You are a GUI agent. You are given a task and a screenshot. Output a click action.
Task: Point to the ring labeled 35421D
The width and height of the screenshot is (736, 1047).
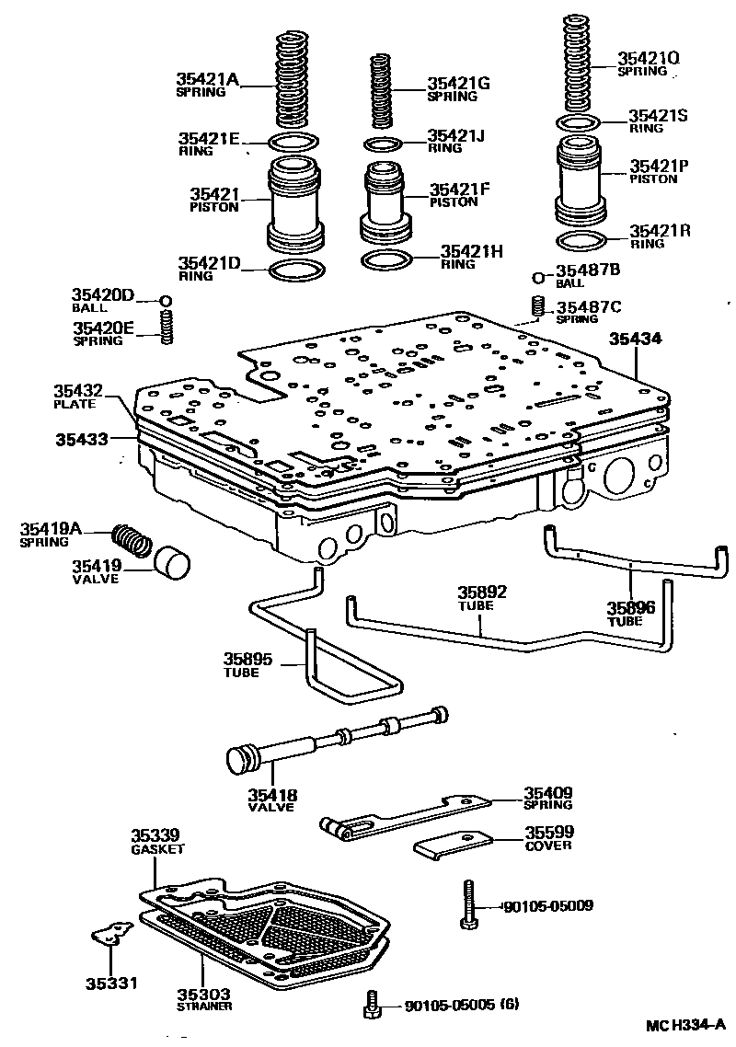[x=297, y=271]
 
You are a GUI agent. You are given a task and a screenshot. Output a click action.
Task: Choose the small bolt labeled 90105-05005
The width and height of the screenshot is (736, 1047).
[x=372, y=1005]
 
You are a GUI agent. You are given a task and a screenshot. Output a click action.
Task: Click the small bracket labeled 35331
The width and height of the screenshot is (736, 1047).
[x=112, y=935]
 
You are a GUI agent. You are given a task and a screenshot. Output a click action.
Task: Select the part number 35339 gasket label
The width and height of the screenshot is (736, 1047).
[x=154, y=841]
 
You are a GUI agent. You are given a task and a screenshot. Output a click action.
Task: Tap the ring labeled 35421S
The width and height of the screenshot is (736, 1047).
[x=580, y=123]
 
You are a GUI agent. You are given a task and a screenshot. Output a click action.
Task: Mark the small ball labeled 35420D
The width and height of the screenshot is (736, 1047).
[x=166, y=301]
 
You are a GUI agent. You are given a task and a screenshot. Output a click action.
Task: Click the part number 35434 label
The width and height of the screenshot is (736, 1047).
[x=636, y=339]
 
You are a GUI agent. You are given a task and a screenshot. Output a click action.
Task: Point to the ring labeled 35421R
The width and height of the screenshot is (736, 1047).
[x=581, y=242]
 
